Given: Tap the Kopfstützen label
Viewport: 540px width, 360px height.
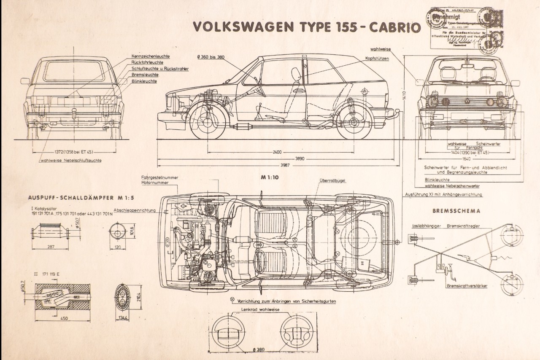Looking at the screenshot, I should [x=377, y=59].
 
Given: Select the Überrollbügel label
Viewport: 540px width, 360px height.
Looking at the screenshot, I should [x=332, y=180].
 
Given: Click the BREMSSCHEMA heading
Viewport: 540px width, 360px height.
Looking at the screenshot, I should [x=456, y=211].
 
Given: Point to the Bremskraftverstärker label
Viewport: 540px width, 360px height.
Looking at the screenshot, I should [x=467, y=286].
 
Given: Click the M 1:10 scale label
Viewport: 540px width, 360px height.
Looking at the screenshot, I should [x=270, y=177].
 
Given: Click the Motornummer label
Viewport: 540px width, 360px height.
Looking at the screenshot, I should [x=155, y=183].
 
